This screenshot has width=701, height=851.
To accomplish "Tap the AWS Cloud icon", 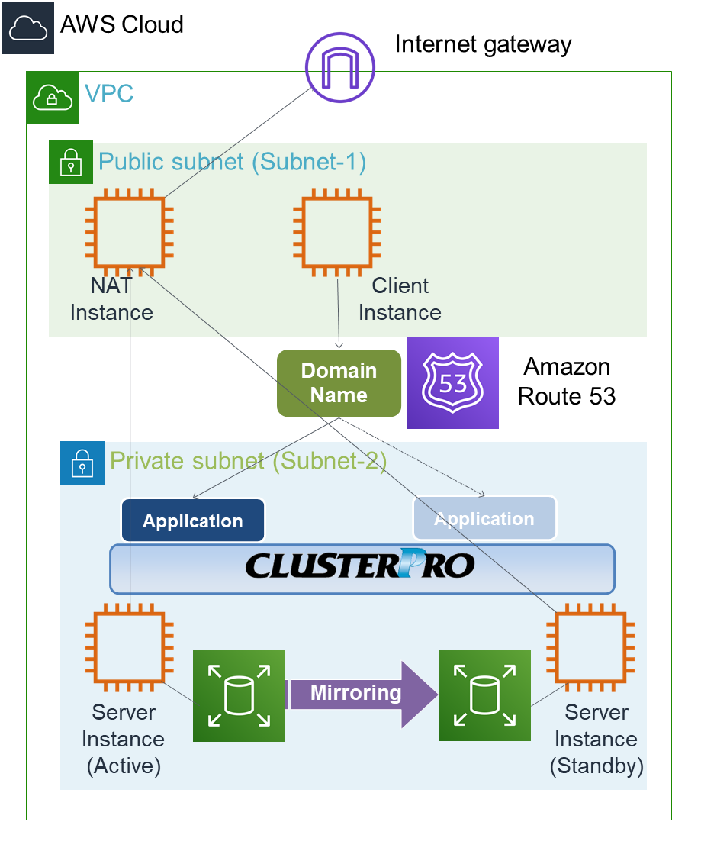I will (27, 27).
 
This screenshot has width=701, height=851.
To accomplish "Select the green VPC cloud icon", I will (53, 97).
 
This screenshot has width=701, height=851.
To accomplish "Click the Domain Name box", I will (339, 383).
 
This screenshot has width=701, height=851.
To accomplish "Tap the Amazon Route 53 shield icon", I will (452, 382).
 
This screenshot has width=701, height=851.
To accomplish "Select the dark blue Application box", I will (193, 521).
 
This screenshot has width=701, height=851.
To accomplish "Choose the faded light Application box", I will (484, 519).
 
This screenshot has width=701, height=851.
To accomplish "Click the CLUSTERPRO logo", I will (362, 566).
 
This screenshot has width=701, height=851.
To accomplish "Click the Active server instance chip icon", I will (129, 647).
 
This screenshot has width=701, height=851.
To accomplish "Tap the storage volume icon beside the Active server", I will (239, 695).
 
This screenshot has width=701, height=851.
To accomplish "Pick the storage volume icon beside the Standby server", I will (484, 695).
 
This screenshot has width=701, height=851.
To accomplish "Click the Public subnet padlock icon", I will (71, 162).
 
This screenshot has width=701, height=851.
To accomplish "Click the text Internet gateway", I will (483, 44).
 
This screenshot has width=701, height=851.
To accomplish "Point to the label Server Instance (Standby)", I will (596, 739).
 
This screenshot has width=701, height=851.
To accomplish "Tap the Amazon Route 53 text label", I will (567, 382).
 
